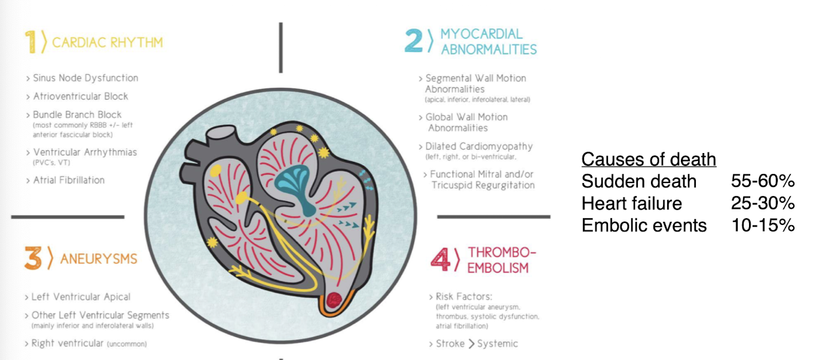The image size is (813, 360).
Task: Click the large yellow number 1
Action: click(30, 42)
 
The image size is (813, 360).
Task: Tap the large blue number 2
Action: click(414, 41)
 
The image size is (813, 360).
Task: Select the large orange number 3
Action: click(33, 258)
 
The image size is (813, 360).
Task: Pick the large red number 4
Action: click(440, 260)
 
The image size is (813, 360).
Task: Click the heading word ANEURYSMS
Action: click(99, 259)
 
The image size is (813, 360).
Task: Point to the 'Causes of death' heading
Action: click(649, 159)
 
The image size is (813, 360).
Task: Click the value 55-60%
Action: click(763, 181)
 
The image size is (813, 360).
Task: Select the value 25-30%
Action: click(763, 203)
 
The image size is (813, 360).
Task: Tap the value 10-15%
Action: click(763, 225)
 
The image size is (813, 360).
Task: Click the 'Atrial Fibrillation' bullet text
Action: click(69, 181)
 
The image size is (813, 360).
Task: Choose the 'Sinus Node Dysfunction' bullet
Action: click(85, 78)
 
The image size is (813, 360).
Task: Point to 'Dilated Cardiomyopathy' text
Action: click(479, 147)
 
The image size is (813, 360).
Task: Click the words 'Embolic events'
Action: click(644, 225)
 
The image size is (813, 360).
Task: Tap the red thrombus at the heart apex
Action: click(334, 300)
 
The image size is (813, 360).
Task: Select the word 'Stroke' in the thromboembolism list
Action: click(450, 344)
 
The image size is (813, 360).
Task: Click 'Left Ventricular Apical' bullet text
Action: click(81, 297)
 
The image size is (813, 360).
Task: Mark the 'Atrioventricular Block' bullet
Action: click(81, 96)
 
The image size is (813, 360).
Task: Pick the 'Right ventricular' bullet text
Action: click(68, 343)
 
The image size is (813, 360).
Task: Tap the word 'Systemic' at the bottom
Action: click(497, 344)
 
